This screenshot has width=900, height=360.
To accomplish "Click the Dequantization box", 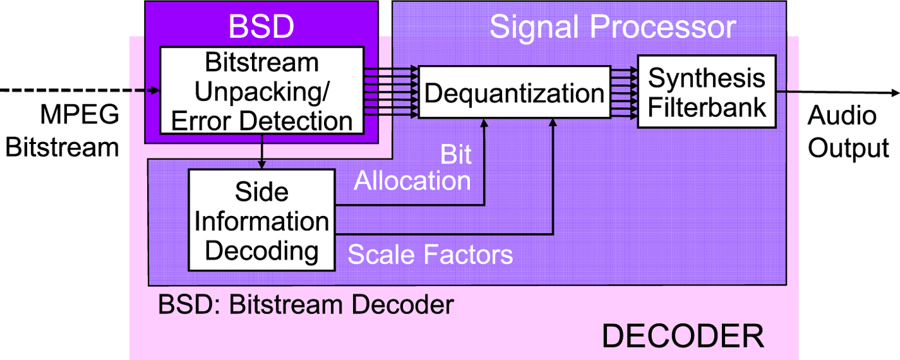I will (x=514, y=93).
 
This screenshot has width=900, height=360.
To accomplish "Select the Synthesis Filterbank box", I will (x=706, y=91).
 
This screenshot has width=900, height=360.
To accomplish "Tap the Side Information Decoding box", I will (x=262, y=220).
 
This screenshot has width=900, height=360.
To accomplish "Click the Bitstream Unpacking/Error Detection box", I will (x=262, y=91).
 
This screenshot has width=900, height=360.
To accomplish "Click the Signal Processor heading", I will (x=612, y=27).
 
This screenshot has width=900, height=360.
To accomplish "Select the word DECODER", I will (x=682, y=336).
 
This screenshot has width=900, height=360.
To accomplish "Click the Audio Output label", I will (x=847, y=132).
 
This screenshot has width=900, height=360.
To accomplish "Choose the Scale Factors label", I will (x=430, y=255).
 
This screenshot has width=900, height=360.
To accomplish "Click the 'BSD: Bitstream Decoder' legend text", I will (x=306, y=303).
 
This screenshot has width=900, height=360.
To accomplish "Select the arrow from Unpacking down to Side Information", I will (x=262, y=152).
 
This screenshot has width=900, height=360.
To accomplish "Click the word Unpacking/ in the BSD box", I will (x=262, y=91).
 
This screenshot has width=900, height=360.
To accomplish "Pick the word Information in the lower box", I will (x=262, y=221).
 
